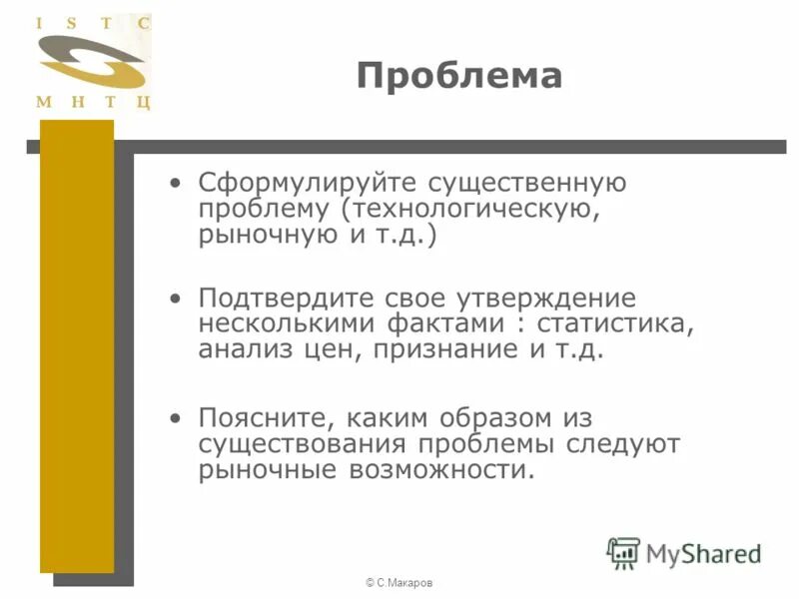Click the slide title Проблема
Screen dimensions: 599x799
pos(459,76)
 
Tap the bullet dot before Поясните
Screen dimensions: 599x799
pos(177,416)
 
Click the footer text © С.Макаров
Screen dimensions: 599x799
pos(399,582)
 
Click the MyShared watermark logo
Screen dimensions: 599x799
pos(684,552)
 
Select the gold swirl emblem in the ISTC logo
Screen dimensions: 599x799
pos(92,62)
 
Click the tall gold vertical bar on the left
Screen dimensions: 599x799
pos(77,349)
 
